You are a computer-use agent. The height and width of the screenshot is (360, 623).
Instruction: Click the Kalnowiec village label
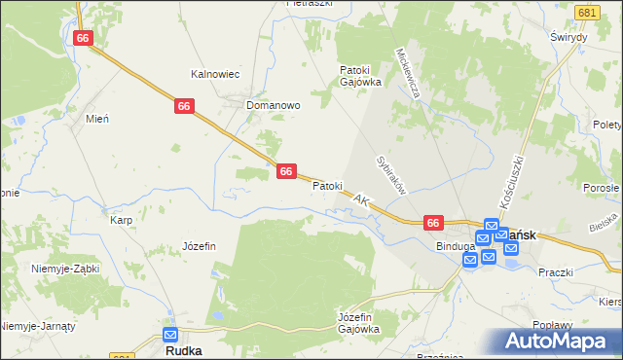214,73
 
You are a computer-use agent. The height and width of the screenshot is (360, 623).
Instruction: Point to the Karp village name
121,220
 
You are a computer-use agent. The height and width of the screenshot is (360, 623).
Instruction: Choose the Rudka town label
183,349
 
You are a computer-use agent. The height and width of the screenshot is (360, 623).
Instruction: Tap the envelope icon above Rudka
170,334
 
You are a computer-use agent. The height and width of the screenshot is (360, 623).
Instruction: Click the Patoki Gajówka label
359,76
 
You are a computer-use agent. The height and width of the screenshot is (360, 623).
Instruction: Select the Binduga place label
455,246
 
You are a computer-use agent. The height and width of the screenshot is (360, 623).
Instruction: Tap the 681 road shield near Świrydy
587,13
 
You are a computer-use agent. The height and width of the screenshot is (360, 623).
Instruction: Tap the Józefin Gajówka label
357,323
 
